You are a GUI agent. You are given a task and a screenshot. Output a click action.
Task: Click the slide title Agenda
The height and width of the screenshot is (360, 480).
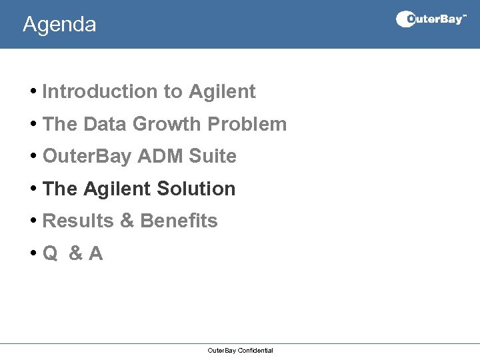coord(59,25)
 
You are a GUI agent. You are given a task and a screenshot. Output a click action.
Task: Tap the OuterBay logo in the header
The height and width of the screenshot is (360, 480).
coord(431,19)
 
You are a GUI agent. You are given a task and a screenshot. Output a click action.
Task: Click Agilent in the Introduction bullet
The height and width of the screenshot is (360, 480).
coord(222,92)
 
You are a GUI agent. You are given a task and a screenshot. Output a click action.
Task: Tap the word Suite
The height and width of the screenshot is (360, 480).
coord(213,157)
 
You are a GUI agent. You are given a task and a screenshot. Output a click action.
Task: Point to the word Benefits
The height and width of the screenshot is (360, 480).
coord(179,221)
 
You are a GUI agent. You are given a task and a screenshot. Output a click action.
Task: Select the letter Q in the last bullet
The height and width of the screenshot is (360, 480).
coord(50,254)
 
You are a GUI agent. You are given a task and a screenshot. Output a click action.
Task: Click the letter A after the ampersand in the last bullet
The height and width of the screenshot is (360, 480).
coord(96,254)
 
